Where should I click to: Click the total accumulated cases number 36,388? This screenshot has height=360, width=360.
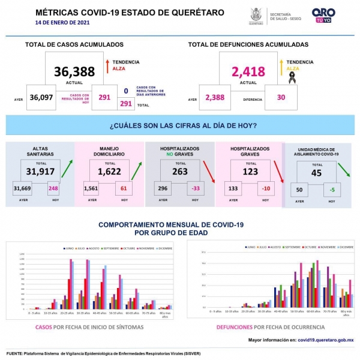point(74,72)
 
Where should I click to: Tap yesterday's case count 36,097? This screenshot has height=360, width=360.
point(41,98)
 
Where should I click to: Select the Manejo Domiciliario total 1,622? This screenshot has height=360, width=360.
point(110,172)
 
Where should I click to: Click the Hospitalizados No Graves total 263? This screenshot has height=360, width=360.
point(179,172)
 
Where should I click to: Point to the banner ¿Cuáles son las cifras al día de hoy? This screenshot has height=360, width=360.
point(184,125)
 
